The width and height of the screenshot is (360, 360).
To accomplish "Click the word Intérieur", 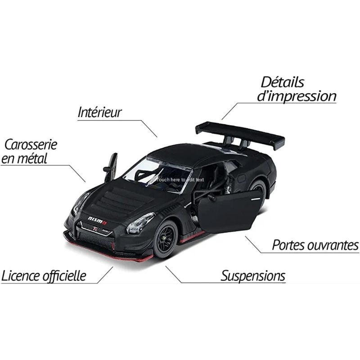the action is [x=99, y=112].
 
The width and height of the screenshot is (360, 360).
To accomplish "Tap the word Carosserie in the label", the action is [x=31, y=144].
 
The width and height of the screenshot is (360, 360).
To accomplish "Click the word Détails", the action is [x=283, y=82].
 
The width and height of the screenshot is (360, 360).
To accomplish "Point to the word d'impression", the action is [x=297, y=96].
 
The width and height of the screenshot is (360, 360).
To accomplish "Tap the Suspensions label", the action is [x=253, y=276].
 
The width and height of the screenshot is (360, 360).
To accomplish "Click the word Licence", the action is [x=21, y=276].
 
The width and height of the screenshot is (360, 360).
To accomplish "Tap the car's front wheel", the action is [x=165, y=239].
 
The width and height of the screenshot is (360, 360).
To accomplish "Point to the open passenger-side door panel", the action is [x=229, y=211].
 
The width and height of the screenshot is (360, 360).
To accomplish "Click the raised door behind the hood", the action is [x=111, y=167].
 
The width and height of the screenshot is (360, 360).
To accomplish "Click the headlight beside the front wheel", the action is [x=140, y=222].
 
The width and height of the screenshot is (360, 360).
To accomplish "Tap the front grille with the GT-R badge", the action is [x=95, y=228].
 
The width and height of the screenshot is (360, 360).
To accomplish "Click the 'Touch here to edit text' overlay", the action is [x=180, y=180].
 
